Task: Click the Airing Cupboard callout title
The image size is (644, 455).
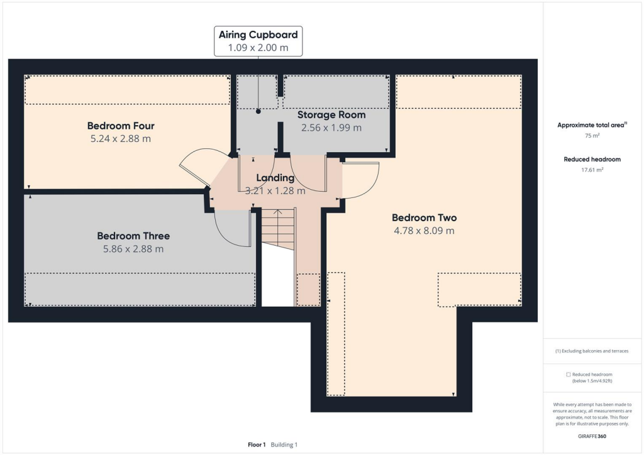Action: [x=258, y=35]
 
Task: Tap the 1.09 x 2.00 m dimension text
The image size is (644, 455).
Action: [x=258, y=48]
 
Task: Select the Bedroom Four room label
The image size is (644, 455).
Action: [x=121, y=126]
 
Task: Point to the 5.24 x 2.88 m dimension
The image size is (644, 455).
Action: [x=121, y=139]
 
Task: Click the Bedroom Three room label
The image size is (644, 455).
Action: [x=133, y=236]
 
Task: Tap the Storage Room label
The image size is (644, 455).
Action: [x=331, y=114]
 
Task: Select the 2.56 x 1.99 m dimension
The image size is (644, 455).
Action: [x=331, y=128]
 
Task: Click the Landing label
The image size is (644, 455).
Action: [x=275, y=178]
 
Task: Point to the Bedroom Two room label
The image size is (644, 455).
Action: [x=424, y=217]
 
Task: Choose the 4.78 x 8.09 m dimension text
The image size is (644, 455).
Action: [x=424, y=231]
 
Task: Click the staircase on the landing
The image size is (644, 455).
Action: [x=277, y=229]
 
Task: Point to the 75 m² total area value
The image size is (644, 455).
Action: [x=591, y=135]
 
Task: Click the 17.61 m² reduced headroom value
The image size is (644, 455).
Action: [x=591, y=170]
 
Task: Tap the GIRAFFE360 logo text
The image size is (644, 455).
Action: [x=592, y=436]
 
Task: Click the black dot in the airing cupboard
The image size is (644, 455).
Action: [x=258, y=111]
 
